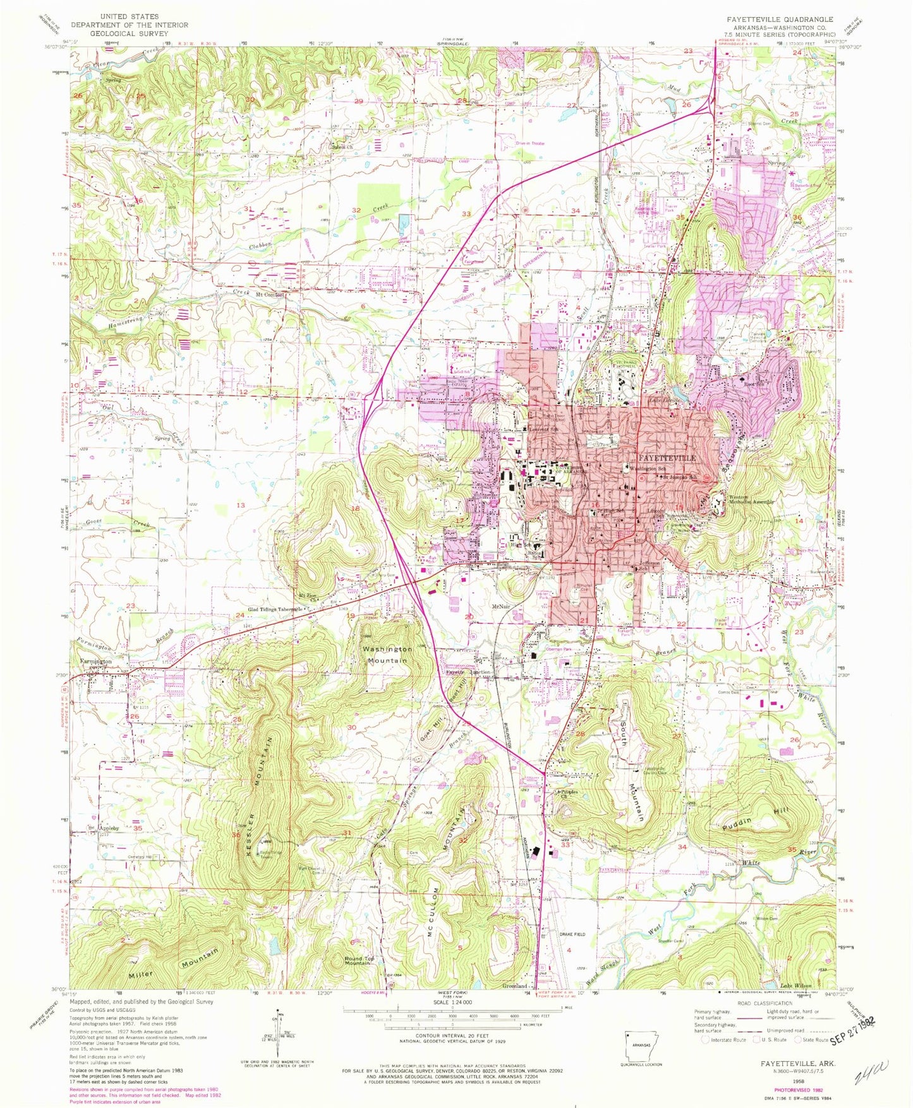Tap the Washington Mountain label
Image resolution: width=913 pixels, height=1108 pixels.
tap(387, 654)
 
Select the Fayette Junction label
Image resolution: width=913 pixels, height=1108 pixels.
tap(469, 672)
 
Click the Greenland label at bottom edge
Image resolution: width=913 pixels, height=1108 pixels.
tap(514, 986)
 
